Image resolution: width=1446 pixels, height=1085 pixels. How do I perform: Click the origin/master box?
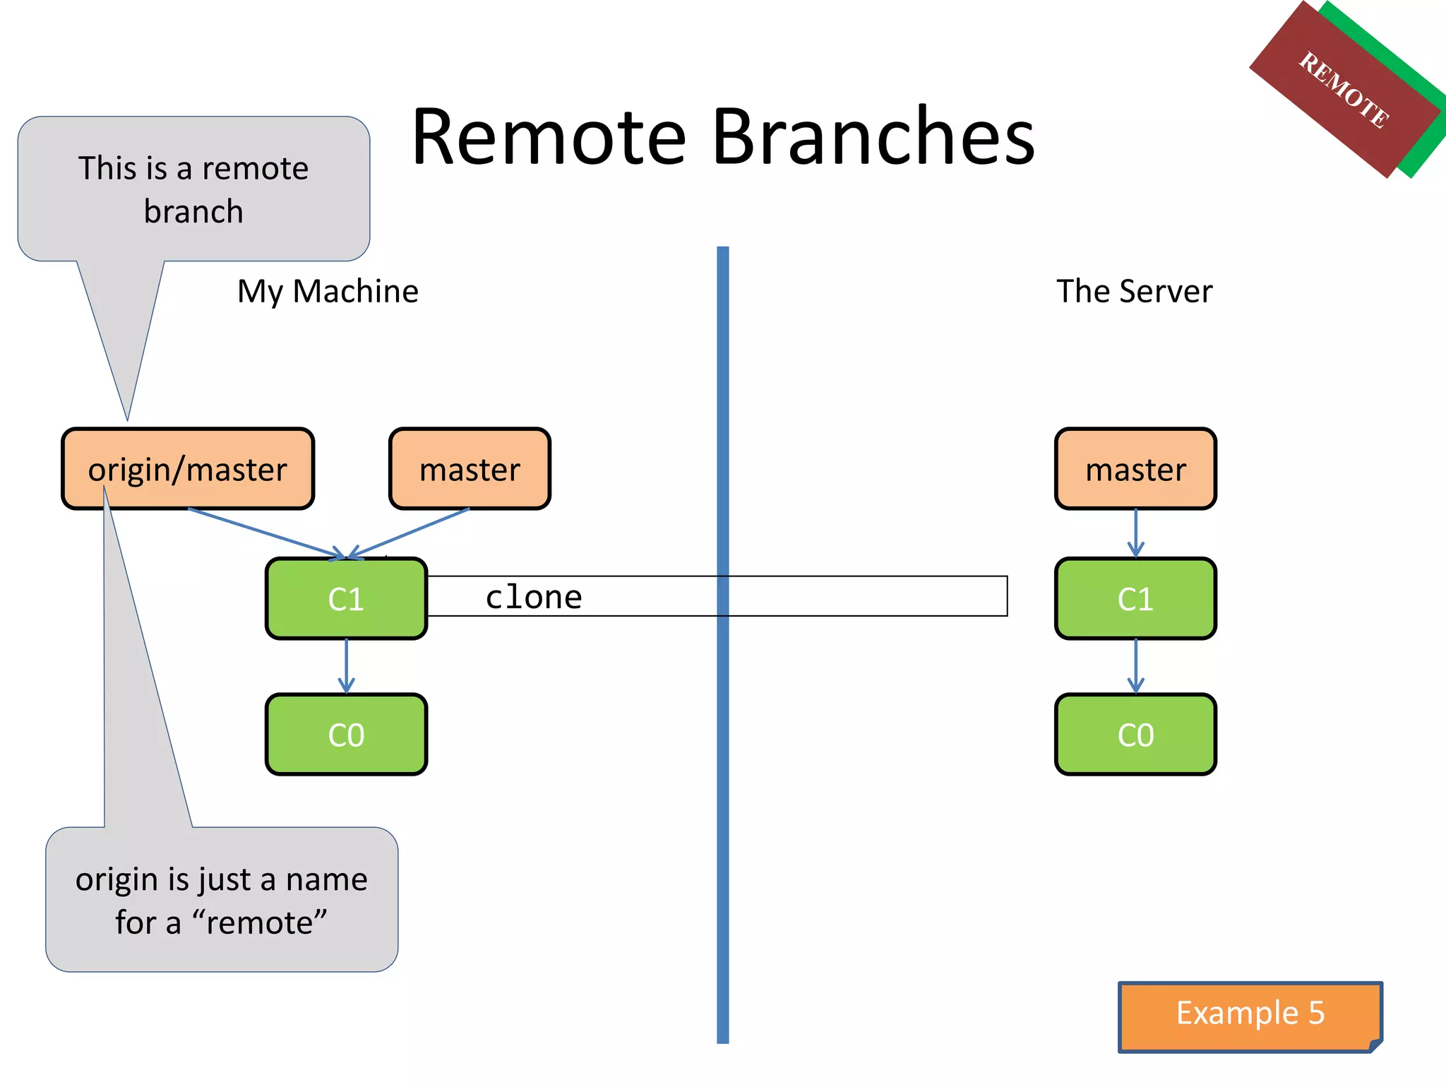(x=188, y=469)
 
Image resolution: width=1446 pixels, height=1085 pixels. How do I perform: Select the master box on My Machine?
(x=470, y=469)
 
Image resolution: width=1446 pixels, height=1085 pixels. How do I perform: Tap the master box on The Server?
(x=1135, y=469)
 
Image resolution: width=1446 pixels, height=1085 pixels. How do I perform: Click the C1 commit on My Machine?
(x=346, y=599)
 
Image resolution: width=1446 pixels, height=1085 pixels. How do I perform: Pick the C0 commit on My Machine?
(x=346, y=735)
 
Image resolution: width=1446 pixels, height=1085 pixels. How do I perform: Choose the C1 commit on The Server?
(x=1135, y=599)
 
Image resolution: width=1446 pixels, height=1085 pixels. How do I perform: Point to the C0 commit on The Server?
(x=1135, y=735)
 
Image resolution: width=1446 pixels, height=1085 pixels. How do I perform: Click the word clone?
(x=534, y=598)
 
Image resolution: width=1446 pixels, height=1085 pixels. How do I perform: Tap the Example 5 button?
(x=1250, y=1014)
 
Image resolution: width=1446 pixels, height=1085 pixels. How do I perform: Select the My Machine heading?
(x=328, y=292)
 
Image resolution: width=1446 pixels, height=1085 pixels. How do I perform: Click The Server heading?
(x=1134, y=292)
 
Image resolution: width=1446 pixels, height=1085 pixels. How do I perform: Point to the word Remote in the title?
(x=549, y=137)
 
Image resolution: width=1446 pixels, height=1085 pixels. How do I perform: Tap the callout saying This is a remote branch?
(x=193, y=189)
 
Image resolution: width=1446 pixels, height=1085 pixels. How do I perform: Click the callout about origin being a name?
(x=222, y=900)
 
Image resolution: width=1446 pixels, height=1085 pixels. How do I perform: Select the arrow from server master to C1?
(x=1135, y=533)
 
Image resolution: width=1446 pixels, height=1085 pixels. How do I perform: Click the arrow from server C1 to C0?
(x=1135, y=665)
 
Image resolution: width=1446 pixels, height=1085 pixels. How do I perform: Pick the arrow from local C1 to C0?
(x=346, y=665)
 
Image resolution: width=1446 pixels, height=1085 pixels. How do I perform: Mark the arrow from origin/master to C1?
(x=265, y=533)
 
